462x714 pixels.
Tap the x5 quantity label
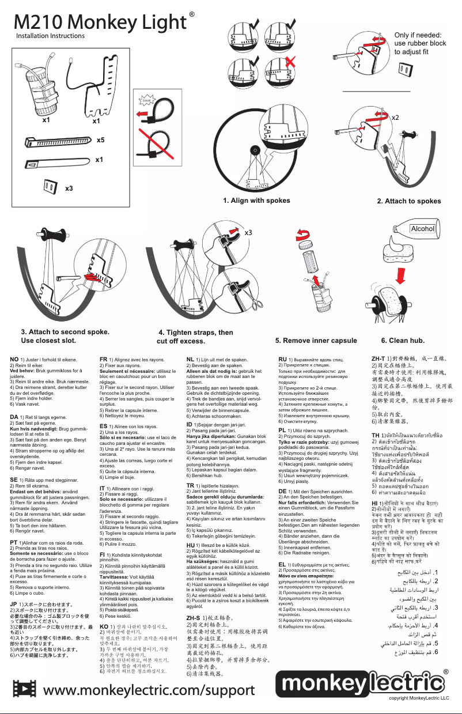(x=100, y=140)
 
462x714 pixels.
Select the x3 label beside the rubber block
(x=69, y=188)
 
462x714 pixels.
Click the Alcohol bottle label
(x=422, y=229)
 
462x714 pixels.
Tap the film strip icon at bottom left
(x=25, y=689)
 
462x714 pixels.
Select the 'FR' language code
(x=104, y=359)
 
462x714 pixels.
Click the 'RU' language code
(x=282, y=359)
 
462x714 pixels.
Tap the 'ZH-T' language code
(x=380, y=359)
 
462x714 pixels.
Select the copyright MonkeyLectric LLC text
(x=418, y=698)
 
